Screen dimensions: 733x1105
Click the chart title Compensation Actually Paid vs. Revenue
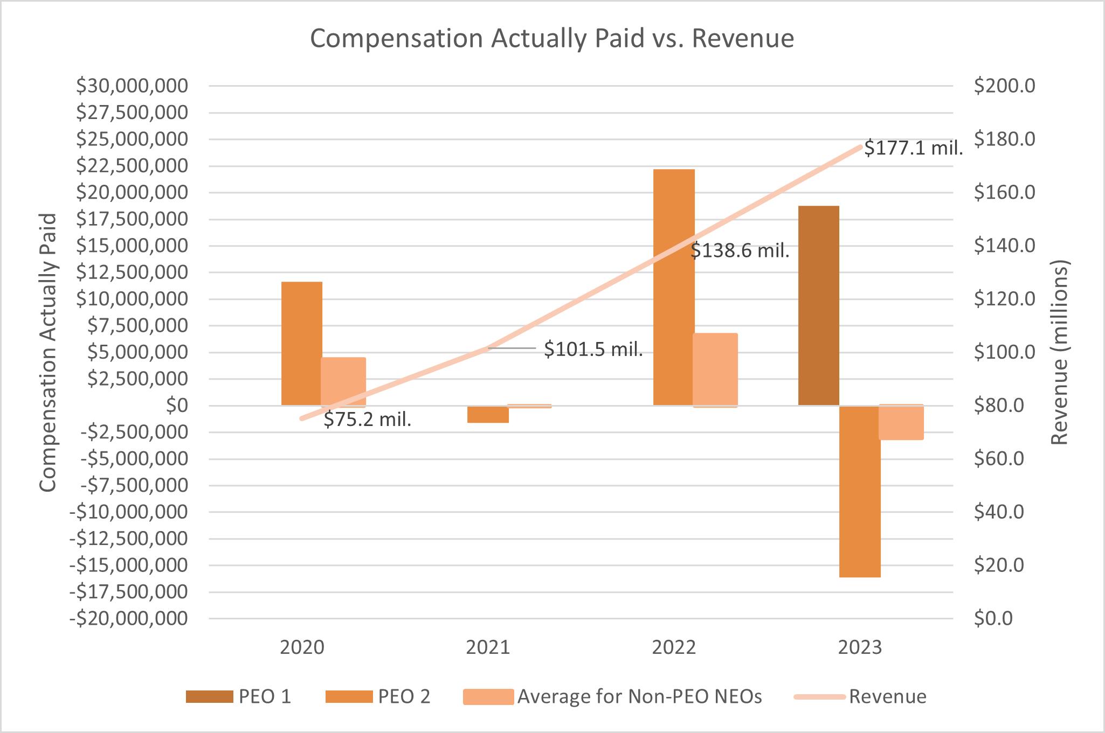click(551, 39)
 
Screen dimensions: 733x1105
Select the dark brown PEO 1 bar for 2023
click(818, 305)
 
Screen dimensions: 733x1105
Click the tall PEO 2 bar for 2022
click(674, 287)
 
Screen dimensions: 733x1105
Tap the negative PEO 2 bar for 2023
click(860, 491)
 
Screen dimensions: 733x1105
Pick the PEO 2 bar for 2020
click(302, 343)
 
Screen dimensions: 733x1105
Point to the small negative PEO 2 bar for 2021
click(488, 414)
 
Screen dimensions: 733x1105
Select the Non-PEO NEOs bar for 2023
click(901, 422)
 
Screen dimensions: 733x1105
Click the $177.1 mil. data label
click(913, 148)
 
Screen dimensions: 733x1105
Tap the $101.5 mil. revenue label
click(593, 350)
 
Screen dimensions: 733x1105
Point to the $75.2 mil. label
click(367, 419)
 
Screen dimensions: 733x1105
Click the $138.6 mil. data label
click(740, 250)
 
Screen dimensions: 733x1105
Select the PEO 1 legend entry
click(239, 696)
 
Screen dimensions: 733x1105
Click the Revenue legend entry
click(861, 696)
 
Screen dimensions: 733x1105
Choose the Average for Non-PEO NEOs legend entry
click(612, 696)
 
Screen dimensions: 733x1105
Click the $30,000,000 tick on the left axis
click(132, 86)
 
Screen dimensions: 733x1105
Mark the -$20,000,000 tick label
click(129, 618)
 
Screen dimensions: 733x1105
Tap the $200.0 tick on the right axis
click(1004, 86)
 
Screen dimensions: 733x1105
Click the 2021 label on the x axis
click(488, 647)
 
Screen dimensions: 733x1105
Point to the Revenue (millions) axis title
click(1059, 353)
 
